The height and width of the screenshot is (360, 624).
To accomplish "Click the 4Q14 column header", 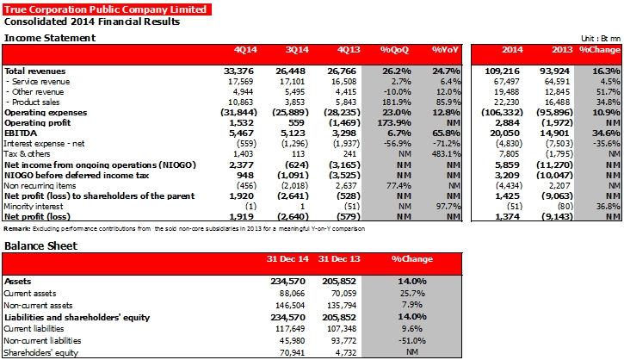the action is tap(245, 50).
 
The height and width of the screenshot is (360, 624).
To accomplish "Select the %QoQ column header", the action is tap(394, 50).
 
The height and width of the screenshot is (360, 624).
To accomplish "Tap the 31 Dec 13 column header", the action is tap(339, 259).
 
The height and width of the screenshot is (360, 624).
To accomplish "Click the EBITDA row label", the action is tap(21, 133).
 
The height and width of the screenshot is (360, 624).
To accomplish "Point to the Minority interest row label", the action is tap(34, 207).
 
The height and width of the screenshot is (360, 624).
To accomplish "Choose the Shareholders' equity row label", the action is tap(41, 353).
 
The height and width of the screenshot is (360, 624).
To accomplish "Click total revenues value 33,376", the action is tap(238, 71).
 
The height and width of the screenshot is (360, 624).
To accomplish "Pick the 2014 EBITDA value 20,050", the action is tap(504, 133).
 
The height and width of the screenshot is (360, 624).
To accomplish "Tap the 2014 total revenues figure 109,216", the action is tap(502, 71).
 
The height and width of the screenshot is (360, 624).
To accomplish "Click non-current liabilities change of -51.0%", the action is tap(412, 341).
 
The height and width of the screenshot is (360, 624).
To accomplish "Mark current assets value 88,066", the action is tap(292, 294).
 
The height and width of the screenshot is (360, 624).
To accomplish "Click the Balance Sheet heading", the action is tap(40, 245).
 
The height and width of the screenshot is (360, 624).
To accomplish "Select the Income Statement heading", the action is tap(50, 38).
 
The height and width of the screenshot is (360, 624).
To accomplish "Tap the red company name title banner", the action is tap(107, 9).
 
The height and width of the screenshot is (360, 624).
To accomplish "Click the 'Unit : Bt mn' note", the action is tap(601, 39).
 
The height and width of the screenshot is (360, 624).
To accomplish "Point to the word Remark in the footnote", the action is tap(17, 228).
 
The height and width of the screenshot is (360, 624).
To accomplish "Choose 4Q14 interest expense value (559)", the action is tap(246, 143).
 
